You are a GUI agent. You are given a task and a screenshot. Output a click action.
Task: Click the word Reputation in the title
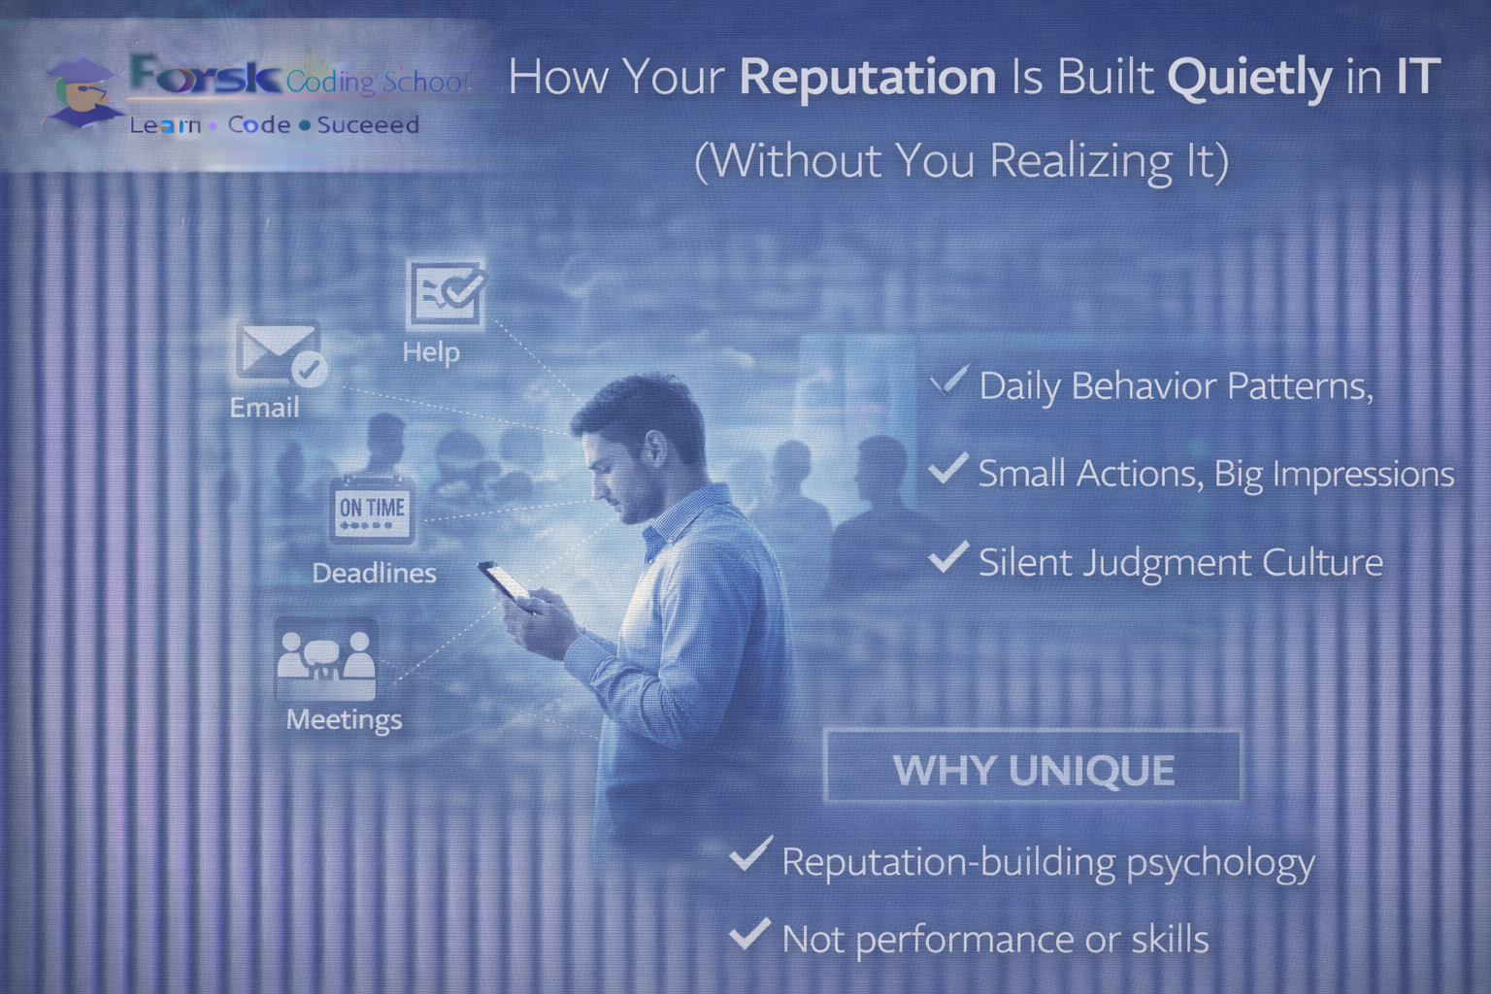pyautogui.click(x=867, y=78)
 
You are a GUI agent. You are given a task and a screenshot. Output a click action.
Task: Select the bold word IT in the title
pyautogui.click(x=1416, y=77)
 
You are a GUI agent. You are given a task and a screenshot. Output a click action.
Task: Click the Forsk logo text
pyautogui.click(x=205, y=75)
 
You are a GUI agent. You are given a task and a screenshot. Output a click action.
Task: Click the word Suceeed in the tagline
pyautogui.click(x=368, y=125)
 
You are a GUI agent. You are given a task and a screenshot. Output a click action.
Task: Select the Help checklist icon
pyautogui.click(x=446, y=293)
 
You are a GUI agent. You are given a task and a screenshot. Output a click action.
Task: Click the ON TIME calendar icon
pyautogui.click(x=372, y=511)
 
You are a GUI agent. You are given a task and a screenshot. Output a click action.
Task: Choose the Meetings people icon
pyautogui.click(x=325, y=659)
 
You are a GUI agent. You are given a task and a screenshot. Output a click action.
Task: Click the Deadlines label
pyautogui.click(x=374, y=574)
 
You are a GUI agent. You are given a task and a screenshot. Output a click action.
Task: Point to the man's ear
pyautogui.click(x=656, y=449)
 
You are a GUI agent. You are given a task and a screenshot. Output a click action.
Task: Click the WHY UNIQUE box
pyautogui.click(x=1032, y=769)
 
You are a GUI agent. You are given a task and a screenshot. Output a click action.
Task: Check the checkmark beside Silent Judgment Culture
pyautogui.click(x=947, y=558)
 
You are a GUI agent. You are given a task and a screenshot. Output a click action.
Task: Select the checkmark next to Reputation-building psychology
pyautogui.click(x=749, y=855)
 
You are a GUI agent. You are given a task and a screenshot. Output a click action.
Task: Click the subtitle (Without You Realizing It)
pyautogui.click(x=961, y=161)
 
